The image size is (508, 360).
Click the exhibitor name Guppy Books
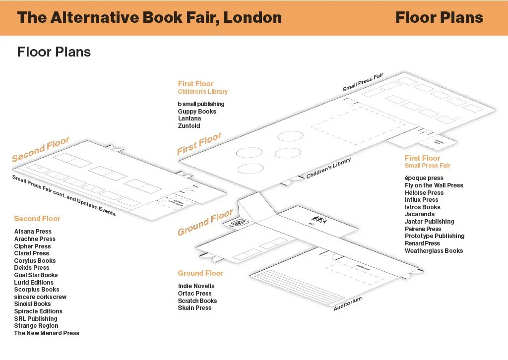coord(197,112)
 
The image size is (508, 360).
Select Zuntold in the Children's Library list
coord(189,126)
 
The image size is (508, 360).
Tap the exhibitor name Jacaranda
coord(420,214)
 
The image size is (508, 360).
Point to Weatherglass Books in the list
coord(434,251)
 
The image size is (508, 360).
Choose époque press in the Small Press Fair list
coord(424,178)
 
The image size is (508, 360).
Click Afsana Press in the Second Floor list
coord(33,232)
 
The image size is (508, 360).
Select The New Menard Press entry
coord(47,333)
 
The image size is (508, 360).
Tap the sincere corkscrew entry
coord(40,297)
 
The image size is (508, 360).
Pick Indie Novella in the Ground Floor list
coord(196,286)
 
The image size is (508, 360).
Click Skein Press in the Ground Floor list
coord(195,308)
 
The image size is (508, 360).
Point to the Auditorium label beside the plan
coord(347,303)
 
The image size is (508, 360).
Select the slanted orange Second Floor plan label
coord(41,150)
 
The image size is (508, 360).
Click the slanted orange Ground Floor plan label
coord(205,223)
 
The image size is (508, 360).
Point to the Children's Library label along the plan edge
coord(328,169)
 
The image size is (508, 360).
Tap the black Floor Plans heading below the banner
coord(54,52)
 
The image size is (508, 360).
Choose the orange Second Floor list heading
coord(37,219)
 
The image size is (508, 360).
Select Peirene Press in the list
coord(423,229)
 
